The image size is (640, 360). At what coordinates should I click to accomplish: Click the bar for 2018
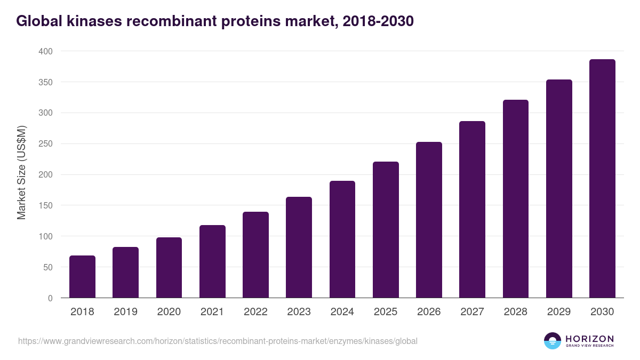pyautogui.click(x=82, y=277)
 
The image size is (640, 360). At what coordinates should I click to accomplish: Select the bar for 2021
pyautogui.click(x=212, y=261)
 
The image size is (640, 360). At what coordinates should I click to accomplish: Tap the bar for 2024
pyautogui.click(x=342, y=239)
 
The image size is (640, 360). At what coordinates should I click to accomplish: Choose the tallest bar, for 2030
pyautogui.click(x=602, y=179)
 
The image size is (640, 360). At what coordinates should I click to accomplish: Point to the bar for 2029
pyautogui.click(x=559, y=189)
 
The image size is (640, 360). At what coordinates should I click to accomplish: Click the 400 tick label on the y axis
pyautogui.click(x=45, y=51)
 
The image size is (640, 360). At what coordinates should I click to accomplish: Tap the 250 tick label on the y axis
pyautogui.click(x=45, y=144)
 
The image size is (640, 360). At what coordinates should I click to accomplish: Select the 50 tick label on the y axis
pyautogui.click(x=47, y=267)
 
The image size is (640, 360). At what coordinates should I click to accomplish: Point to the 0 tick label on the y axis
pyautogui.click(x=50, y=298)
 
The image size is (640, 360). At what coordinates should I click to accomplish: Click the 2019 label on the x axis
pyautogui.click(x=125, y=312)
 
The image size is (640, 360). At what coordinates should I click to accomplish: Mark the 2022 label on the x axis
pyautogui.click(x=255, y=312)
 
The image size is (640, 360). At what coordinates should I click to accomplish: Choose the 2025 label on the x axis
pyautogui.click(x=386, y=312)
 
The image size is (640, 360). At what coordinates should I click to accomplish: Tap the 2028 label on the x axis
pyautogui.click(x=515, y=312)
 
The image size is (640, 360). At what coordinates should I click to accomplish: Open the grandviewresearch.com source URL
pyautogui.click(x=218, y=341)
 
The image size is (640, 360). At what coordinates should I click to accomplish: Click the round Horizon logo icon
pyautogui.click(x=552, y=341)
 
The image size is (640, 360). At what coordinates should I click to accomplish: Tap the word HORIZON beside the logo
pyautogui.click(x=589, y=339)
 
